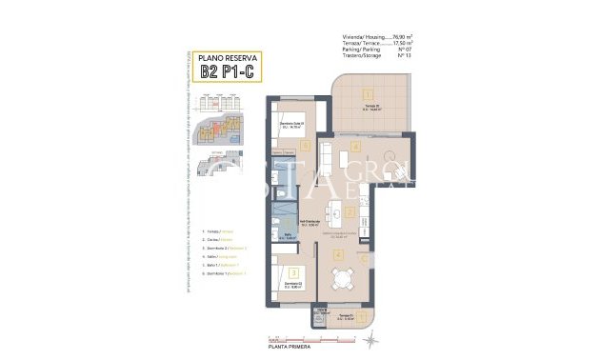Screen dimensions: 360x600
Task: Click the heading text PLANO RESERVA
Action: [x=229, y=57]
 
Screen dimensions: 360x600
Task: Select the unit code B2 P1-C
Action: [x=229, y=70]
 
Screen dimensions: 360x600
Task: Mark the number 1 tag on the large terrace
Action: [x=365, y=93]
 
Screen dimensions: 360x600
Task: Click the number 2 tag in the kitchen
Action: [x=350, y=212]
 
